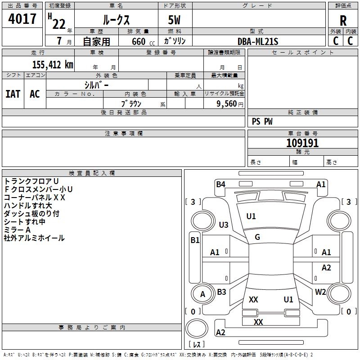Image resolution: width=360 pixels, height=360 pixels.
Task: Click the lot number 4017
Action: point(22,19)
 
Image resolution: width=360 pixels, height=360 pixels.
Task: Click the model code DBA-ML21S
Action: point(258,41)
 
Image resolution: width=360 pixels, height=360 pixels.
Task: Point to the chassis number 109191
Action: point(302,143)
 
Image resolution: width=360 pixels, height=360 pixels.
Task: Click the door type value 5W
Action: point(175,21)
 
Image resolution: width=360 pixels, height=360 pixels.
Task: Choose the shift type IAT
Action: point(13,94)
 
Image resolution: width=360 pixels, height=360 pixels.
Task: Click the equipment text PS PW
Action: point(262,121)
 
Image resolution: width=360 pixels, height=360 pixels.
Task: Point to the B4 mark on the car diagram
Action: point(220,184)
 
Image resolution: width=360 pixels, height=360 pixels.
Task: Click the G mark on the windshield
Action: point(257,237)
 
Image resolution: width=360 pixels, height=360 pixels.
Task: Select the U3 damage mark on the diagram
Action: point(224,225)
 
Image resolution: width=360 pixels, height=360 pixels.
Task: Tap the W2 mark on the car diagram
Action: point(320,292)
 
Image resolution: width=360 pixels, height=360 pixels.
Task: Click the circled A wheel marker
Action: point(202,294)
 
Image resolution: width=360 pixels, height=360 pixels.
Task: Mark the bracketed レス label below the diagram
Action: point(197,345)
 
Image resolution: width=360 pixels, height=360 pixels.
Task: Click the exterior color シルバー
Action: point(96,85)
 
